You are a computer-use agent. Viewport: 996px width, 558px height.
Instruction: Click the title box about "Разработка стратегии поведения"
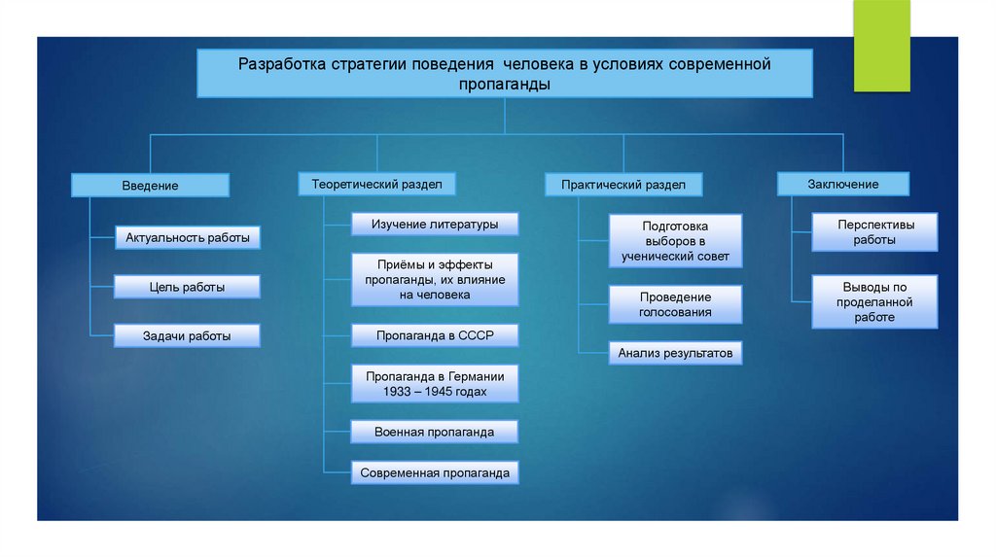pos(505,74)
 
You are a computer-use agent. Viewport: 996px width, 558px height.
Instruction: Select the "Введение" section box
pos(150,185)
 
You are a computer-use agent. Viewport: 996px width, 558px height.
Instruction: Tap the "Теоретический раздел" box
pos(376,183)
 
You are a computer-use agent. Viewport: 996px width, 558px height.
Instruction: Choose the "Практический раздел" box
pos(622,185)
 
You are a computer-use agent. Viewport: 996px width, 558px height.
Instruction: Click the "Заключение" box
pos(842,184)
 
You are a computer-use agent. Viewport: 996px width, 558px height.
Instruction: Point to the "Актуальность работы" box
pos(188,236)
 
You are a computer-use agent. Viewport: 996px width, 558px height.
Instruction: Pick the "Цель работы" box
pos(188,287)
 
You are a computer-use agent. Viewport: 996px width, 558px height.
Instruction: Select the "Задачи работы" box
pos(188,335)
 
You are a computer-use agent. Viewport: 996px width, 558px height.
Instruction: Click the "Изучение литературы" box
pos(435,224)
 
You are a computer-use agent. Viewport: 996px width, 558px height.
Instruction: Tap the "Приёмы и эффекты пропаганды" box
pos(435,279)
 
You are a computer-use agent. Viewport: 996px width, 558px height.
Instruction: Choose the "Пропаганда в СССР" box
pos(435,335)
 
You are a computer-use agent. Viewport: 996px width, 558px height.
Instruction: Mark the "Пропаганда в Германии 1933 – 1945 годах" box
pos(435,384)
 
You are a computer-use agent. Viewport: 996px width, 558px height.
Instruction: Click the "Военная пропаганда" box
pos(435,432)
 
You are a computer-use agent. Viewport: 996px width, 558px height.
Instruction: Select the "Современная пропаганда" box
pos(435,473)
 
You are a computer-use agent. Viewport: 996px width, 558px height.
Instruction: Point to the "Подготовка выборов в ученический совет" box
pos(675,241)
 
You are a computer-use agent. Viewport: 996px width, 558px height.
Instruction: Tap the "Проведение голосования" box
pos(675,304)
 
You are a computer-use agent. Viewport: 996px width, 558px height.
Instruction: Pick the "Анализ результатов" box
pos(675,353)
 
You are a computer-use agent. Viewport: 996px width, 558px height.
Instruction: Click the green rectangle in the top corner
pos(881,45)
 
